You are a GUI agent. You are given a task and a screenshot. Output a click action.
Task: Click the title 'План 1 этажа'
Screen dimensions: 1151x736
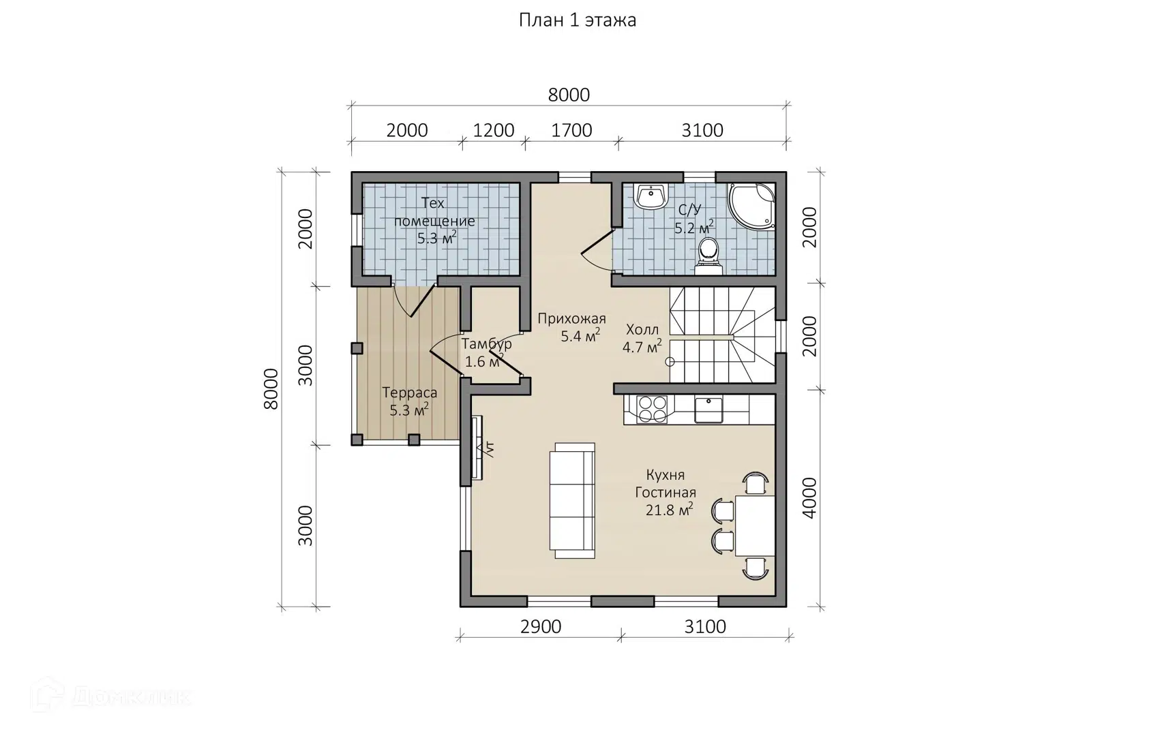tap(578, 20)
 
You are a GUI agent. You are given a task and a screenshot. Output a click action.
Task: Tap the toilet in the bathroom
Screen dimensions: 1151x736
tap(708, 256)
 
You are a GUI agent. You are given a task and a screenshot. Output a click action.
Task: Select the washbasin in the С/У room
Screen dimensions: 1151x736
tap(652, 197)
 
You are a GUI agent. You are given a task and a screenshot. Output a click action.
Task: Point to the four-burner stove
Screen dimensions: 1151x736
tap(652, 409)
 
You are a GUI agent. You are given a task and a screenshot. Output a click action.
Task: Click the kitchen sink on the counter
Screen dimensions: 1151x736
tap(708, 410)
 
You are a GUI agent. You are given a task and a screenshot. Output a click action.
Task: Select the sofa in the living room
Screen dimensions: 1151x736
tap(572, 500)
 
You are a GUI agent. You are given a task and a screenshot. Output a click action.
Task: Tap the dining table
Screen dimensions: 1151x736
tap(755, 525)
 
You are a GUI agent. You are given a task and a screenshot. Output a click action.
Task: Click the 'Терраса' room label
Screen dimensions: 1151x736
tap(410, 393)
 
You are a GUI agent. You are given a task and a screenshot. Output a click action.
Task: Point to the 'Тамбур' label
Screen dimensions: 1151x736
tap(487, 343)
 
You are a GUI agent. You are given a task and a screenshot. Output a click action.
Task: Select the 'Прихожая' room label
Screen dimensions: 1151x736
tap(572, 319)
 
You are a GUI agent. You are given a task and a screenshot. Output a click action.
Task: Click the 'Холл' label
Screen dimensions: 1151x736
tap(642, 329)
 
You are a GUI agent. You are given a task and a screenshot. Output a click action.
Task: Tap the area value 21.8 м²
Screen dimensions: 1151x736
tap(670, 510)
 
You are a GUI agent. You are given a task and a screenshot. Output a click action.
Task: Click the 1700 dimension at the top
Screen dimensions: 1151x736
tap(571, 130)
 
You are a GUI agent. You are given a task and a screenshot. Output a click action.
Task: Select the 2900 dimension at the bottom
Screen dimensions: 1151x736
tap(541, 626)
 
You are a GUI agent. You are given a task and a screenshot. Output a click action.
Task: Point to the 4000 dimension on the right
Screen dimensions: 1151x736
tap(809, 497)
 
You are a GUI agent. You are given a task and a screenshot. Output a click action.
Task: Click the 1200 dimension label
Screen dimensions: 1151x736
tap(493, 130)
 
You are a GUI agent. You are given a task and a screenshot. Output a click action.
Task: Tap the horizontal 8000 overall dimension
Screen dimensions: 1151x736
tap(569, 95)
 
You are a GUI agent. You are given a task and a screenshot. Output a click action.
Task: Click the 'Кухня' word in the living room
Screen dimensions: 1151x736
tap(666, 474)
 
